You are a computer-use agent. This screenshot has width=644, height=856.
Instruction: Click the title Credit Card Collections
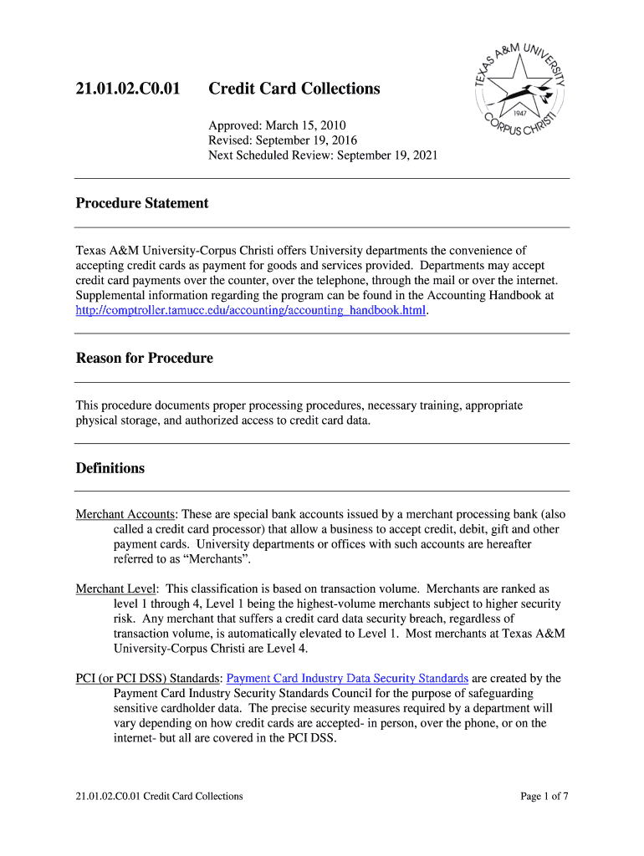(x=294, y=89)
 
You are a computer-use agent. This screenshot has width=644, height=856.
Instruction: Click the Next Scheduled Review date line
(x=323, y=155)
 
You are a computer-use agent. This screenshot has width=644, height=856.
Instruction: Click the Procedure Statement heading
(x=142, y=203)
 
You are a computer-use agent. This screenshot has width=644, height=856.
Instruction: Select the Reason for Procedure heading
(x=144, y=358)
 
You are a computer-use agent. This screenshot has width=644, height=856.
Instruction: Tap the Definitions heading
(x=110, y=468)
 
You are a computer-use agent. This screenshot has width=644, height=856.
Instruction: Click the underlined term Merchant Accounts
(x=125, y=514)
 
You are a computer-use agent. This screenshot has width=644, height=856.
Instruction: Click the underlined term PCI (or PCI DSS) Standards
(x=148, y=678)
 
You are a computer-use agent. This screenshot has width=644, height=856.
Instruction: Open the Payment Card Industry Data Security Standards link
(x=347, y=678)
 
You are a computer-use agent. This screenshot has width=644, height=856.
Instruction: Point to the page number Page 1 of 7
(x=544, y=796)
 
